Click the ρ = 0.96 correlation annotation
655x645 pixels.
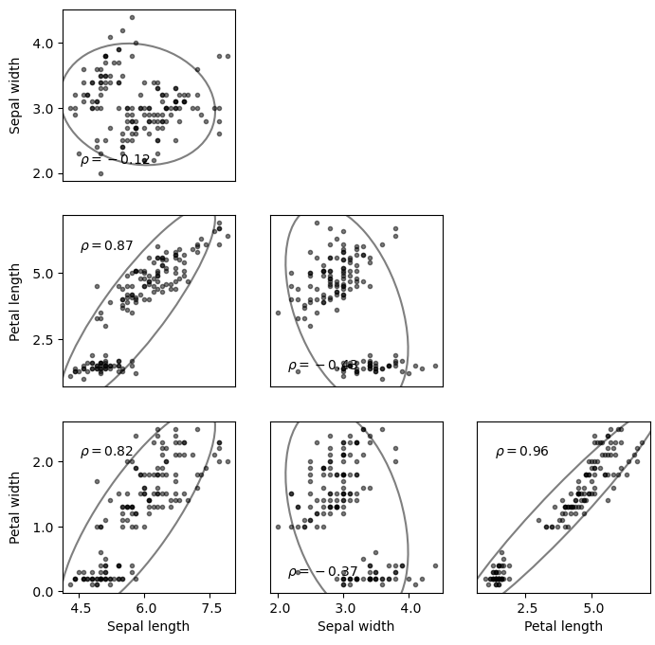(521, 452)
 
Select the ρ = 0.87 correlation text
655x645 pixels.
(106, 246)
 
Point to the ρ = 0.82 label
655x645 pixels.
(106, 452)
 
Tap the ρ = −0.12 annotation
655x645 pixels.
(115, 160)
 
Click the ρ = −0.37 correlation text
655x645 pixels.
(322, 572)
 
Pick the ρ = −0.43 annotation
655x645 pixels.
(322, 366)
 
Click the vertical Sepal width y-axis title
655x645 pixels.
(15, 95)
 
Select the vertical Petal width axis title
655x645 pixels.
(15, 507)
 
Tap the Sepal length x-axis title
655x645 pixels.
(148, 626)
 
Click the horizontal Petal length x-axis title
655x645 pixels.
(563, 626)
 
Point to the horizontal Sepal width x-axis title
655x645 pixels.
(355, 626)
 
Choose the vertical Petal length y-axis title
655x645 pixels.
(15, 301)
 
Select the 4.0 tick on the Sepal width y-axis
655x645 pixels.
(43, 44)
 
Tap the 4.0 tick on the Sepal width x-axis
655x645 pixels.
(410, 607)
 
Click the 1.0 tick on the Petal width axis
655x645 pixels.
(43, 527)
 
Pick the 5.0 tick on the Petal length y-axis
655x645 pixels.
(43, 274)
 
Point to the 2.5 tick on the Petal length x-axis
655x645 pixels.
(528, 607)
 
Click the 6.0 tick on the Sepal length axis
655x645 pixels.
(145, 607)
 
